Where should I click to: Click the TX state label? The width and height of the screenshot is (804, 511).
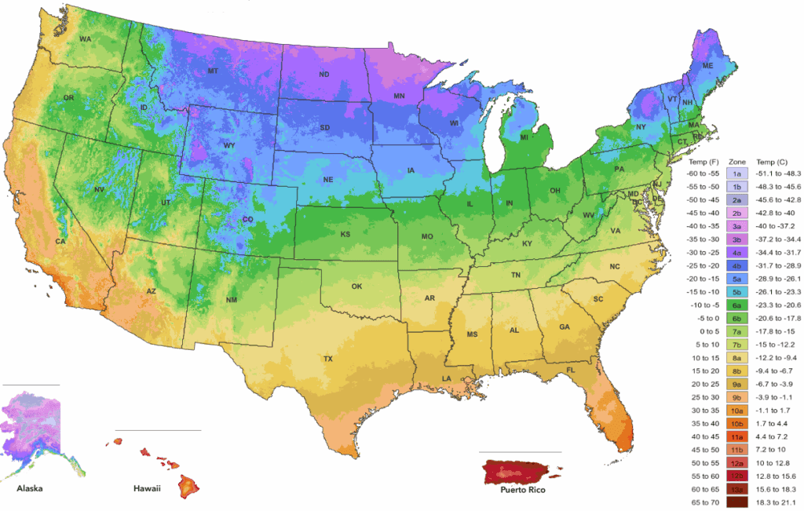(328, 359)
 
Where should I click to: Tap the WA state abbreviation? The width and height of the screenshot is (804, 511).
(85, 38)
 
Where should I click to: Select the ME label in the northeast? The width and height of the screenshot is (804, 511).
(708, 66)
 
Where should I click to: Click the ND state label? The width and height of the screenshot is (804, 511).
(323, 75)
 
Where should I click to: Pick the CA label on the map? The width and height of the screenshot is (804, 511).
(60, 242)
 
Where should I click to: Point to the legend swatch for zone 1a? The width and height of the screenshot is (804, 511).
(737, 173)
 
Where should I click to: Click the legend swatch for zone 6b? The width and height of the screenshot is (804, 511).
(737, 318)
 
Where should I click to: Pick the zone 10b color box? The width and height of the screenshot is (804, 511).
(737, 423)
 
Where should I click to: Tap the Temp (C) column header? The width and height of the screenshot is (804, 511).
(771, 159)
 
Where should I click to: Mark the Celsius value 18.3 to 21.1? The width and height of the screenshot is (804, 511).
(776, 502)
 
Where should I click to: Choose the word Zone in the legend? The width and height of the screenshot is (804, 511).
(737, 159)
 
